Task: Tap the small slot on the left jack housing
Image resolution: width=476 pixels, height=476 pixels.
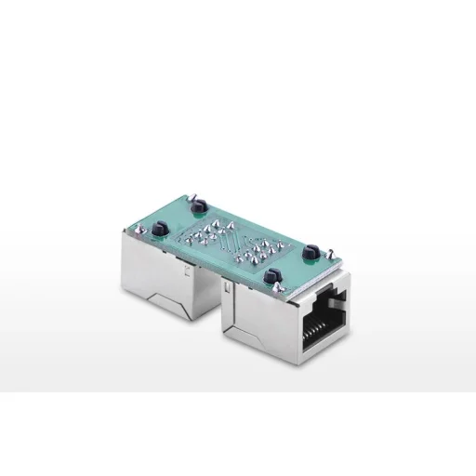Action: click(190, 273)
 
